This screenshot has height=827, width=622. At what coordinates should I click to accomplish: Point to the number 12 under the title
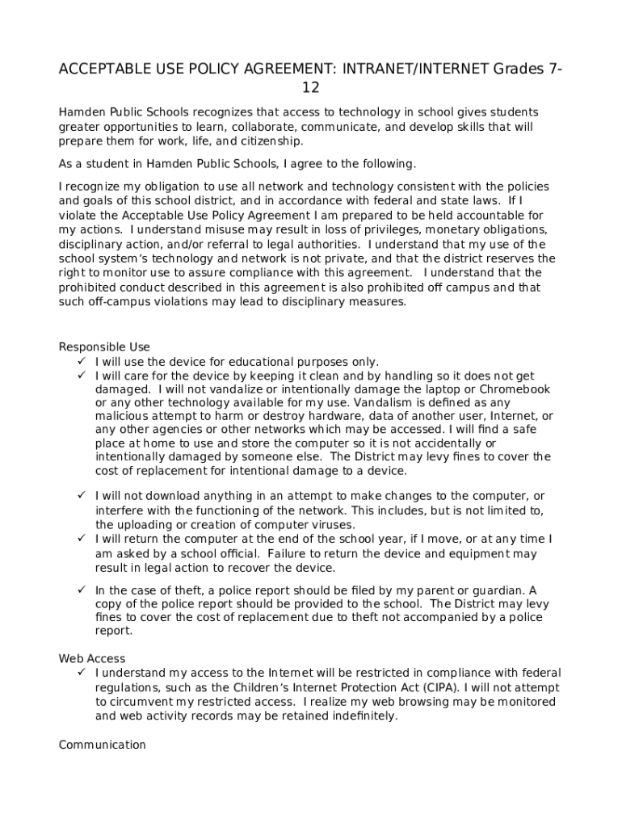(x=311, y=88)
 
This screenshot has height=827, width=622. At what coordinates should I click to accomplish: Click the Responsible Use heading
(x=104, y=347)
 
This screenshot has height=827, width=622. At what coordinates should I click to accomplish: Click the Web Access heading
(x=92, y=659)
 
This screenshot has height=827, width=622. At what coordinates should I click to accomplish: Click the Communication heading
(x=103, y=745)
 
